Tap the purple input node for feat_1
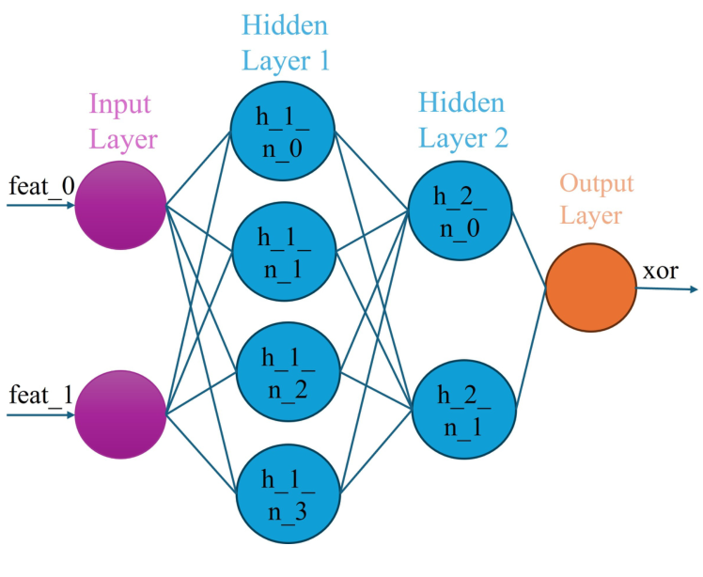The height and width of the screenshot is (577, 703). click(x=121, y=413)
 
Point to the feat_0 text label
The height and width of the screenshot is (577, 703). click(x=40, y=187)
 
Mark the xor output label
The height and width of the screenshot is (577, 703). click(x=661, y=273)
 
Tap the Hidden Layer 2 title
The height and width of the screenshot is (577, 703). click(x=461, y=120)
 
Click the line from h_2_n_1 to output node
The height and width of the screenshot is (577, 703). click(x=528, y=351)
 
